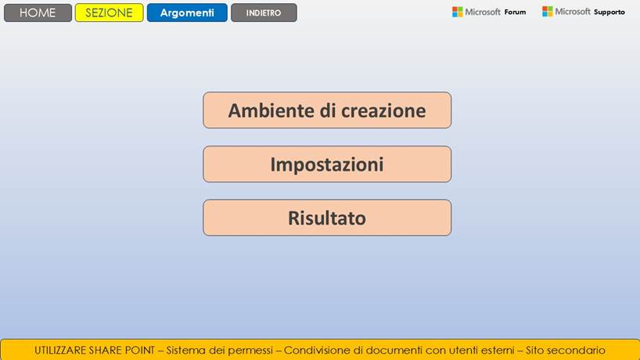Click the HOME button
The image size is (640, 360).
[38, 13]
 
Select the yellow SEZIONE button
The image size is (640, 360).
[109, 13]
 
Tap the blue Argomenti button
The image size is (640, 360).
[187, 13]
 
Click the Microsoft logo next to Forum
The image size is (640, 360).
[458, 12]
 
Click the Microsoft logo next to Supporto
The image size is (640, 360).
[548, 12]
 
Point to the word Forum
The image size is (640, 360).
[515, 13]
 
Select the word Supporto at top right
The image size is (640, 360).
[609, 13]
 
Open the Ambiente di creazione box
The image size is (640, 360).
[327, 110]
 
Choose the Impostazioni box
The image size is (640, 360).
[327, 164]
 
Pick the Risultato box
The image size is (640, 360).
[327, 218]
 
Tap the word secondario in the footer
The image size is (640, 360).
[575, 350]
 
